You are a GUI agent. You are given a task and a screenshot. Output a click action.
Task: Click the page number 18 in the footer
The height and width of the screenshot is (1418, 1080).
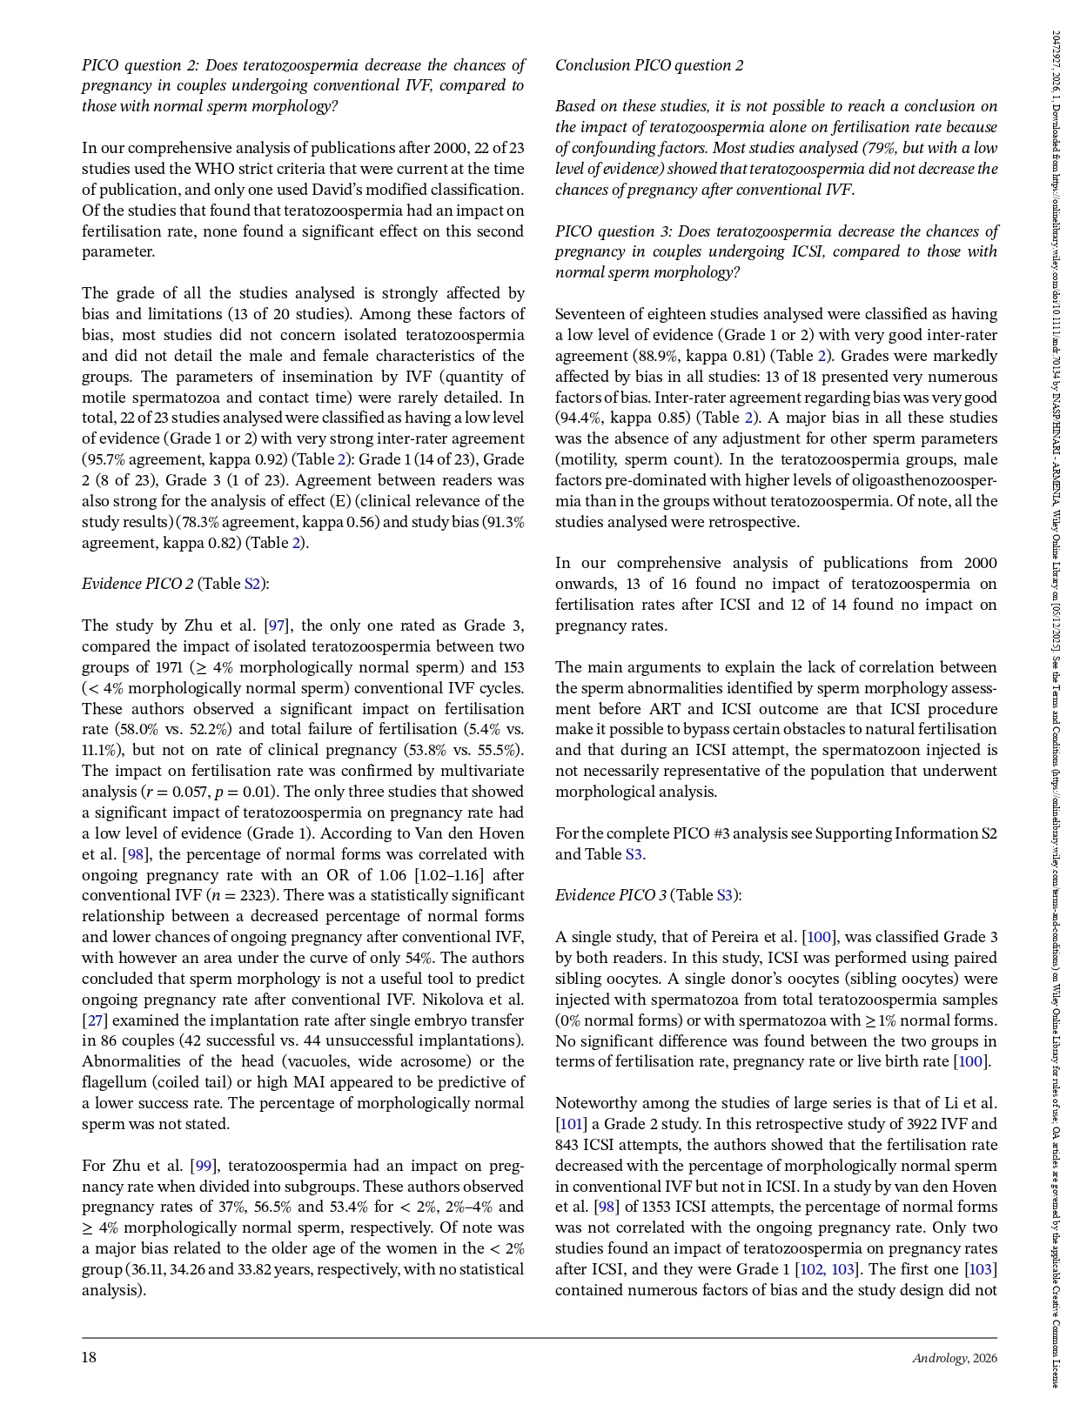(88, 1358)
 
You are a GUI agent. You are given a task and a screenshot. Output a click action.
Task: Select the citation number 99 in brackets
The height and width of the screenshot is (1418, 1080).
(205, 1166)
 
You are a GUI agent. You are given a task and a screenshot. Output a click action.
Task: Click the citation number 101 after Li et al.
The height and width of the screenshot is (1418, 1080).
(570, 1124)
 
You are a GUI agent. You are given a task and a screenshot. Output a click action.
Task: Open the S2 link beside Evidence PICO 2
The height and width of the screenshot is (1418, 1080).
(252, 584)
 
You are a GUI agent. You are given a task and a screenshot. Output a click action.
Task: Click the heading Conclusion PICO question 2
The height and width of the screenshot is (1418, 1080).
(649, 65)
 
